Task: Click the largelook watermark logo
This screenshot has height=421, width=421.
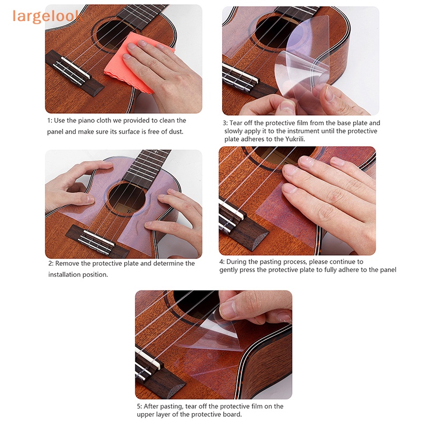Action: (x=47, y=16)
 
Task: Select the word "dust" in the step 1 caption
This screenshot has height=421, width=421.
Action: (x=176, y=132)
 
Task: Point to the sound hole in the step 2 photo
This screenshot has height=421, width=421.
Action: (x=126, y=197)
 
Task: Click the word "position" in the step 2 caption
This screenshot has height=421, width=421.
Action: (x=95, y=274)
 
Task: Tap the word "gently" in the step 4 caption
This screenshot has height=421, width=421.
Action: (x=230, y=270)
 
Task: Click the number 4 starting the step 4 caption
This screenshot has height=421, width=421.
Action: (x=222, y=262)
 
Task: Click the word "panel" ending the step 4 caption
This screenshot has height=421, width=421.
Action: (x=387, y=270)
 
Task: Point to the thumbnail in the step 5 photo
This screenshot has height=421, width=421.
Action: (x=228, y=309)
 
